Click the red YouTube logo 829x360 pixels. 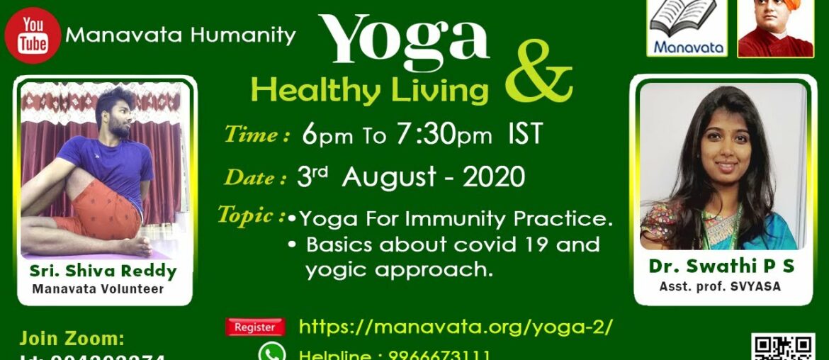point(32,35)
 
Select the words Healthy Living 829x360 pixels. point(369,91)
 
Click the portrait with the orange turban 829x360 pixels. point(775,28)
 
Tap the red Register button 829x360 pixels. point(255,327)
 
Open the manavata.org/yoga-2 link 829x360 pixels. point(456,327)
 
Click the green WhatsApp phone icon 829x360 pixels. point(272,353)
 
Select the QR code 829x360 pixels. point(782,347)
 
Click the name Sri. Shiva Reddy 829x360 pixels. point(103,271)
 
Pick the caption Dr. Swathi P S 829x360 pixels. point(721,266)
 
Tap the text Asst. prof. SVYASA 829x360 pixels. point(721,286)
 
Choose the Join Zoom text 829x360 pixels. point(72,337)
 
